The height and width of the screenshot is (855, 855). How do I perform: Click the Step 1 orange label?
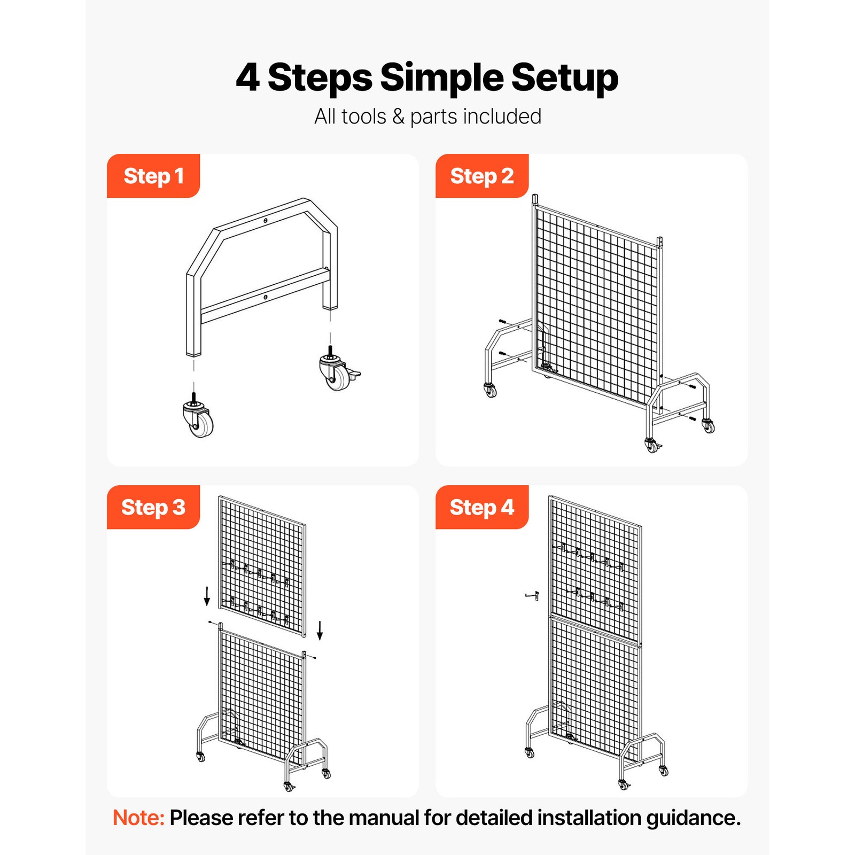coord(153,176)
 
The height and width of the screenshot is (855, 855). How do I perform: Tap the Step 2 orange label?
coord(481,176)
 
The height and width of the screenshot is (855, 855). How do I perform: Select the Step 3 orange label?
coord(153,507)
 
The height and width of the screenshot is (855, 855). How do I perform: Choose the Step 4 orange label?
coord(481,507)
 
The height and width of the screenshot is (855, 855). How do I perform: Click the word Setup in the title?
coord(564,78)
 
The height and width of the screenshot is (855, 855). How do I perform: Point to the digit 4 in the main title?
coord(247,78)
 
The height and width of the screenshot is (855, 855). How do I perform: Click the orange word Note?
coord(138,818)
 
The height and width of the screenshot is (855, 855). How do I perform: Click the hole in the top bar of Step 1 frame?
coord(266,220)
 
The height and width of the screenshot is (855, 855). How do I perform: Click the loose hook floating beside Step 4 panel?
coord(532,596)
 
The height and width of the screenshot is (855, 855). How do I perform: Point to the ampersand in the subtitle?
coord(398,116)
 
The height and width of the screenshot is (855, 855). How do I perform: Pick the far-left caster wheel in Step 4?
coord(530,753)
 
